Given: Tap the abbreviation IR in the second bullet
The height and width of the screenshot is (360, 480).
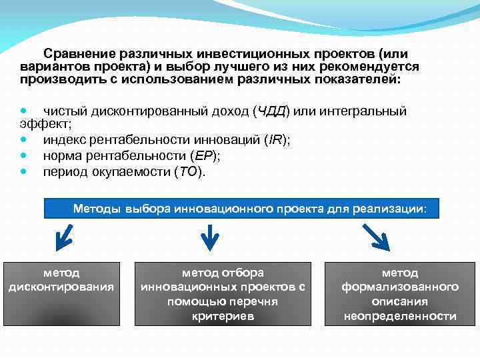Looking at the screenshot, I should (x=273, y=139).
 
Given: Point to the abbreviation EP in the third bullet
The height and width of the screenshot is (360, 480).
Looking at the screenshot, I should (x=203, y=155).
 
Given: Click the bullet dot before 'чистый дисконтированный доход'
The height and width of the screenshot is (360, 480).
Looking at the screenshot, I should (x=25, y=111).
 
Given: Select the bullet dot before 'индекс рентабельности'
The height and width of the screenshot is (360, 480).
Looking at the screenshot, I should (x=25, y=139).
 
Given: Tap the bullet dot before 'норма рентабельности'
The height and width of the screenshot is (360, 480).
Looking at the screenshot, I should (x=25, y=155).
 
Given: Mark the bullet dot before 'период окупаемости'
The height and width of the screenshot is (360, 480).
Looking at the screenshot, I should (x=25, y=171).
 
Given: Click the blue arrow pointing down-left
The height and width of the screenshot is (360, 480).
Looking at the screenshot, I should (x=65, y=237).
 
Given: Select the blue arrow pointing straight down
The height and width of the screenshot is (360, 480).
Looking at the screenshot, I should (x=210, y=237).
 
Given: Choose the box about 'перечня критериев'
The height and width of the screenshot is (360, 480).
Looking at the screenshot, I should (x=223, y=293).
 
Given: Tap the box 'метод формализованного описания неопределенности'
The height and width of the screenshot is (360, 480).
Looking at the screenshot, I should (x=400, y=293).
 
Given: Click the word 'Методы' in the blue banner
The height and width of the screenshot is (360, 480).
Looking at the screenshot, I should (x=97, y=209).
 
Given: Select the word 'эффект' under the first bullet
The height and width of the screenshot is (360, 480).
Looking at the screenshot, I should (x=44, y=124).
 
